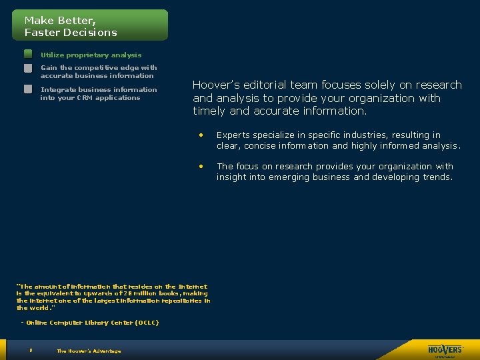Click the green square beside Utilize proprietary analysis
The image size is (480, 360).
pos(28,54)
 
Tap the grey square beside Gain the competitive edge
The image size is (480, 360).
pos(28,68)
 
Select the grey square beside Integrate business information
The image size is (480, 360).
pos(28,89)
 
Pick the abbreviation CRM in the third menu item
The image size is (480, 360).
pos(84,97)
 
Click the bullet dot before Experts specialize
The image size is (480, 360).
pos(200,135)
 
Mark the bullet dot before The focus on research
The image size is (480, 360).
pos(200,166)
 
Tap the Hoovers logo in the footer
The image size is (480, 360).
pos(445,349)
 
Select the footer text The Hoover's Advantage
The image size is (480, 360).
pos(89,351)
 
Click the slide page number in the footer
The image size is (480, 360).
pos(31,350)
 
